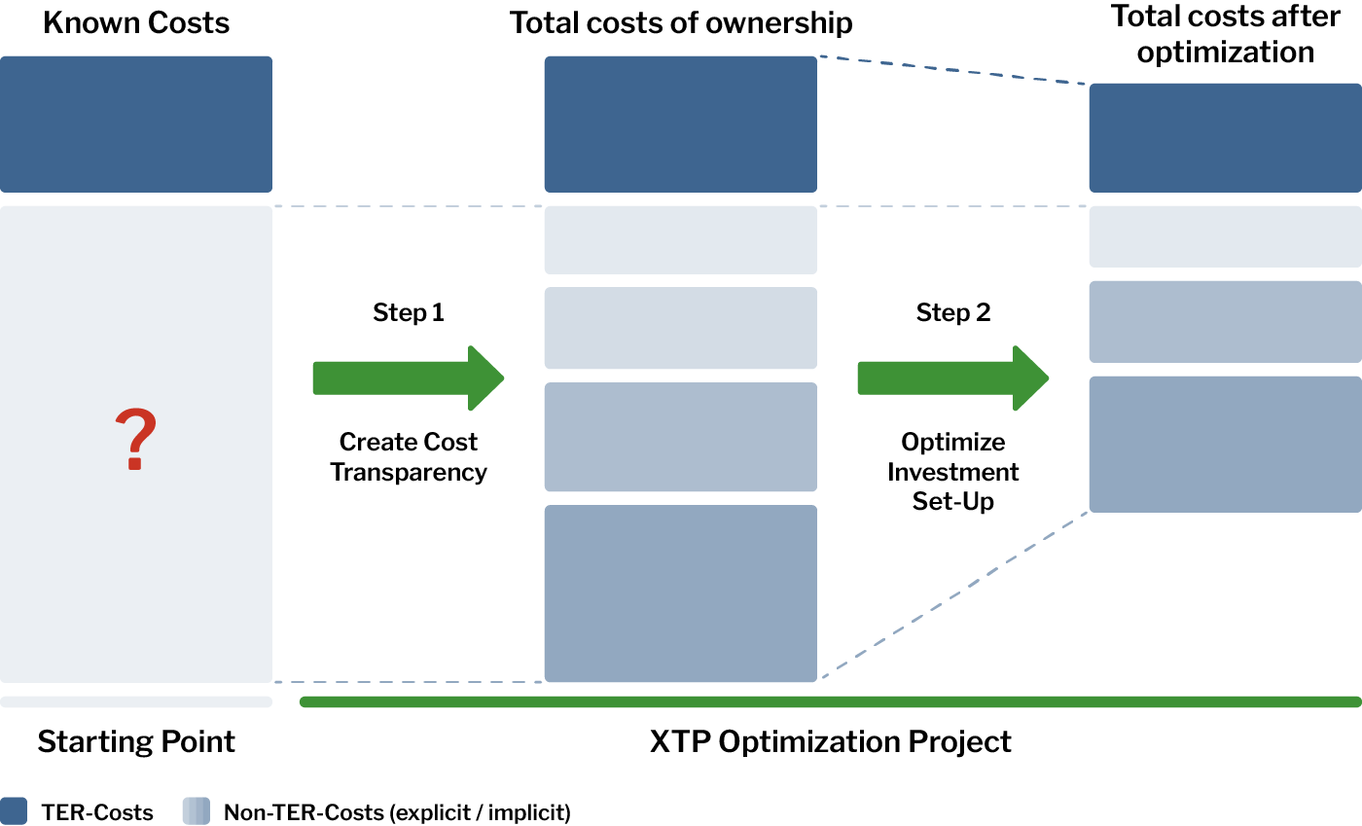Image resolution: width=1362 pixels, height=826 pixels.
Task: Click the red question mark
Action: (135, 439)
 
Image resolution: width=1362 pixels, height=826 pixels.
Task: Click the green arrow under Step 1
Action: (408, 378)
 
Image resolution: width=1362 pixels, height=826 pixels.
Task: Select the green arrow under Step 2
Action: (952, 378)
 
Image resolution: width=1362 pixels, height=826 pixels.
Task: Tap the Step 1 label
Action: (408, 312)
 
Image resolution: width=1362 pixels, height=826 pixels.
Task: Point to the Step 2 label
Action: (952, 312)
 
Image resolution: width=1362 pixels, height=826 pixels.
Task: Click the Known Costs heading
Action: (135, 23)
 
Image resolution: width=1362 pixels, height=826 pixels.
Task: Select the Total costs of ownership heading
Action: (680, 23)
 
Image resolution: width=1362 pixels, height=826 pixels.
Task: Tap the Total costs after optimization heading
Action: (1225, 34)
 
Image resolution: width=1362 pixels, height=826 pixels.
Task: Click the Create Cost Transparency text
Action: (408, 457)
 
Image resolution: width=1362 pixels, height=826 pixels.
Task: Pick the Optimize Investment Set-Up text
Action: (952, 472)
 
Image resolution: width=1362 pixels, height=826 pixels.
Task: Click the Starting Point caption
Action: (135, 741)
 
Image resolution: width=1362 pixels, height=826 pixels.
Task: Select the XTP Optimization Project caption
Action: (830, 741)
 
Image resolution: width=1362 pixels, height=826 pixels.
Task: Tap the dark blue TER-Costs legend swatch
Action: (14, 810)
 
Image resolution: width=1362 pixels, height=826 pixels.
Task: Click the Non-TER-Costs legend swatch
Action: (196, 810)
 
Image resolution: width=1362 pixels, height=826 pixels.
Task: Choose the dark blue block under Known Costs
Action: (135, 125)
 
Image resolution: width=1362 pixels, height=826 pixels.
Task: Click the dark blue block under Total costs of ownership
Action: (680, 125)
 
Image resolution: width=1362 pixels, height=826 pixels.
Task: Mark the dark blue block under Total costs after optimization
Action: (1225, 138)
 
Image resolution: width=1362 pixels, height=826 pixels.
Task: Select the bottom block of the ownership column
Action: (680, 593)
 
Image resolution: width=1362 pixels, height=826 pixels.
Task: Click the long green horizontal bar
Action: (831, 701)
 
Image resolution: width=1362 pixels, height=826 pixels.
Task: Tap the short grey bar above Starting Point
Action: (135, 701)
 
